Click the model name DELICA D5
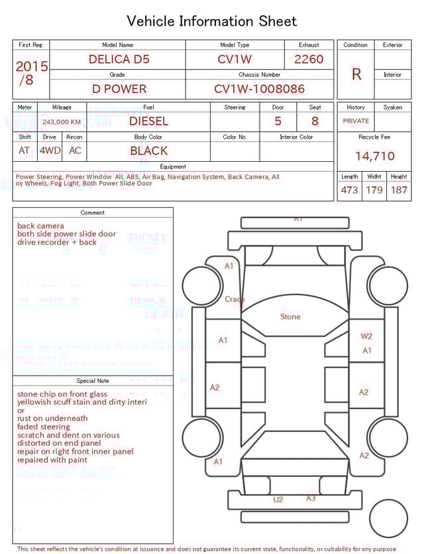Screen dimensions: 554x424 tap(119, 59)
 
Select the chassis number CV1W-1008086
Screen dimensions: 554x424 tap(259, 89)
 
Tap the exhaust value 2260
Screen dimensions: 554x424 tap(309, 59)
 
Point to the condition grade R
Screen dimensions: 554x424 tap(356, 74)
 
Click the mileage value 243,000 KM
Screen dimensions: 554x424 tap(62, 122)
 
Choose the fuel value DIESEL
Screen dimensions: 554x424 tap(148, 121)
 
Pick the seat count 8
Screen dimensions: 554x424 tap(315, 121)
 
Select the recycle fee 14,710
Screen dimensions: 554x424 tap(374, 157)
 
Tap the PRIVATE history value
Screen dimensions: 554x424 tap(356, 121)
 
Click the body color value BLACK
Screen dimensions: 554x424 tap(148, 151)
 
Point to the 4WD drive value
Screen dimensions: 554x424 tap(50, 151)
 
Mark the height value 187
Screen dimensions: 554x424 tap(399, 190)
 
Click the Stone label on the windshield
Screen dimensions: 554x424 tap(290, 316)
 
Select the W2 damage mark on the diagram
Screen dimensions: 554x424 tap(366, 336)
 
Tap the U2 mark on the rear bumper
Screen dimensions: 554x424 tap(278, 500)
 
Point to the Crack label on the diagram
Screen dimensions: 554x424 tap(235, 299)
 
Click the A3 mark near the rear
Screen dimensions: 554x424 tap(311, 498)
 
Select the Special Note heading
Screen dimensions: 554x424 tap(93, 381)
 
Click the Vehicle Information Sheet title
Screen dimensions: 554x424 tap(212, 21)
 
